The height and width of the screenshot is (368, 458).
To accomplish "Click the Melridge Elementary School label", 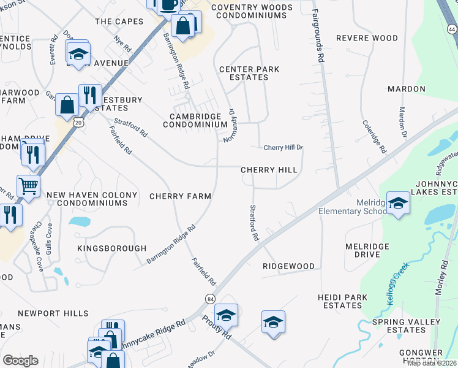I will [x=353, y=207].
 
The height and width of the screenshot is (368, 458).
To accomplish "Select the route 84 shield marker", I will [x=210, y=298].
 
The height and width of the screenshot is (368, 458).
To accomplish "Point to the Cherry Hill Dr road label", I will [x=283, y=148].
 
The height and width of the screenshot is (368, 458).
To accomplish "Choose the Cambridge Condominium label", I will [x=195, y=120].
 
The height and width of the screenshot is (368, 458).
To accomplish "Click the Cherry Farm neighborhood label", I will [x=180, y=196].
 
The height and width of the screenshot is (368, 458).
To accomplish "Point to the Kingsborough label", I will [x=112, y=248].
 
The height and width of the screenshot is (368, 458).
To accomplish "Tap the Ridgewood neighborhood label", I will [x=288, y=266].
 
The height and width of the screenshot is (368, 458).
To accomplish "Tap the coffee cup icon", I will [x=170, y=4].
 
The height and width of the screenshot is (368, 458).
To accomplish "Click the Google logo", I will [x=20, y=361].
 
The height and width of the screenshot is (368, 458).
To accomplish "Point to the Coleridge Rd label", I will [x=374, y=136].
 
